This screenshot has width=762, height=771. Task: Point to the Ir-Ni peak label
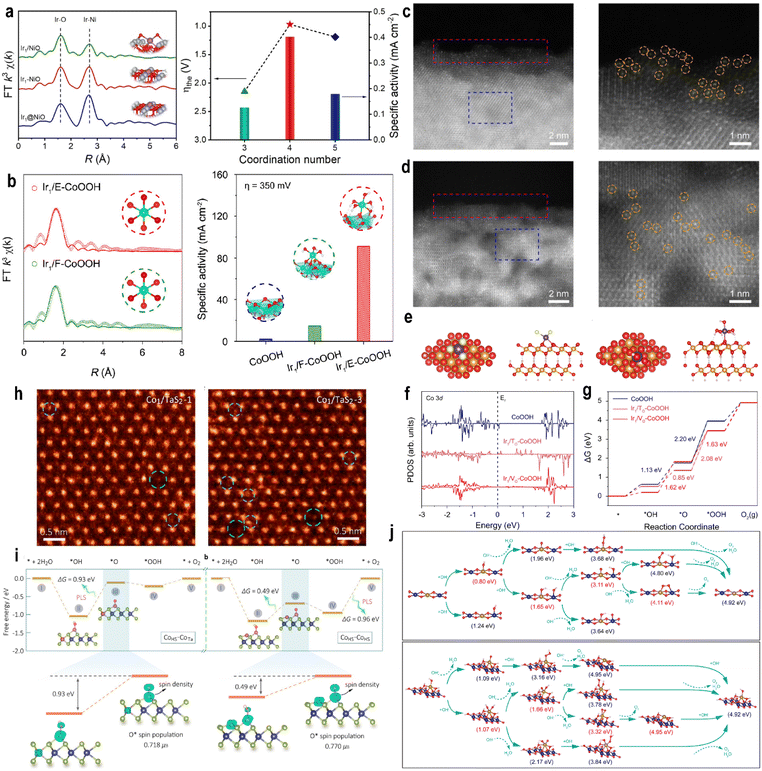[90, 19]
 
